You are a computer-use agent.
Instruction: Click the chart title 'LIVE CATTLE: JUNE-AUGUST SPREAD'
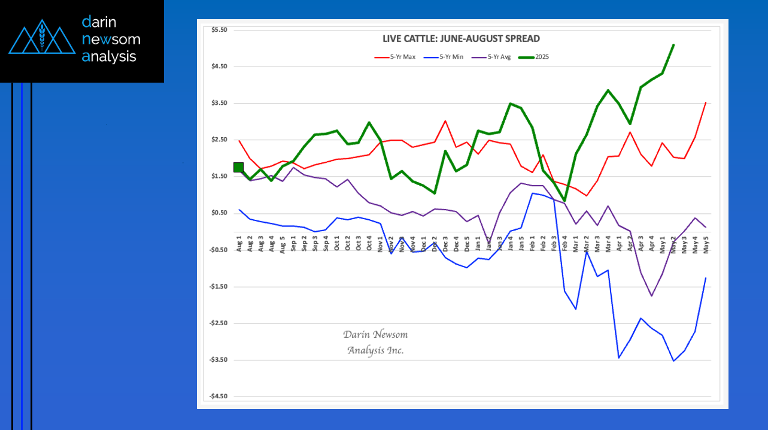click(461, 39)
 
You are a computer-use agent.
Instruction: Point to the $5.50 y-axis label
click(220, 30)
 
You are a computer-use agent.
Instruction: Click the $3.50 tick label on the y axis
click(220, 103)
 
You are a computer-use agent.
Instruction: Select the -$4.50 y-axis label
click(218, 396)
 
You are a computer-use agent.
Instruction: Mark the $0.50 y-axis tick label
click(220, 213)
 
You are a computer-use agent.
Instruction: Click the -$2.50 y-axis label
click(218, 323)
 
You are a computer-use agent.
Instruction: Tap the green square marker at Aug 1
click(238, 167)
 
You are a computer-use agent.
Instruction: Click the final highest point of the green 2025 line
click(673, 45)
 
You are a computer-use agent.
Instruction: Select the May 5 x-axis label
click(706, 246)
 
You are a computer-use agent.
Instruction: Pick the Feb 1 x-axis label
click(533, 244)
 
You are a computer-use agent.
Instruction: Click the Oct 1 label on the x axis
click(337, 244)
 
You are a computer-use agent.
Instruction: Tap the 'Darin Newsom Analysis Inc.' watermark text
click(375, 342)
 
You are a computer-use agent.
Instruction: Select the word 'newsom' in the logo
click(111, 40)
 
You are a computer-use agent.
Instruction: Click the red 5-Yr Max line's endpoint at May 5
click(706, 103)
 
